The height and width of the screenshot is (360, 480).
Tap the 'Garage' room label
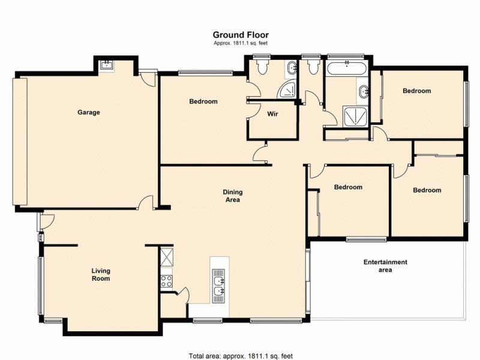pos(88,112)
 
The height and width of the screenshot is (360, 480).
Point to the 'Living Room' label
pos(100,275)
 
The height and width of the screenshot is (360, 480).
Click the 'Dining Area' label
pos(232,196)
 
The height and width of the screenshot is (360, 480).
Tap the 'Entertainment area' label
pos(385,266)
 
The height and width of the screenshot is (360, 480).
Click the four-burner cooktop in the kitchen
pos(166,280)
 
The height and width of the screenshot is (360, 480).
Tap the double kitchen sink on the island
pos(219,284)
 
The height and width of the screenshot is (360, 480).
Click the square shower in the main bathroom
pos(353,115)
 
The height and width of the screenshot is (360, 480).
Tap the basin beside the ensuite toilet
pos(291,67)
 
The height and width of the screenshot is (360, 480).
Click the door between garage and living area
pos(145,204)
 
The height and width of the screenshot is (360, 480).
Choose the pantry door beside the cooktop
pos(183,294)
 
